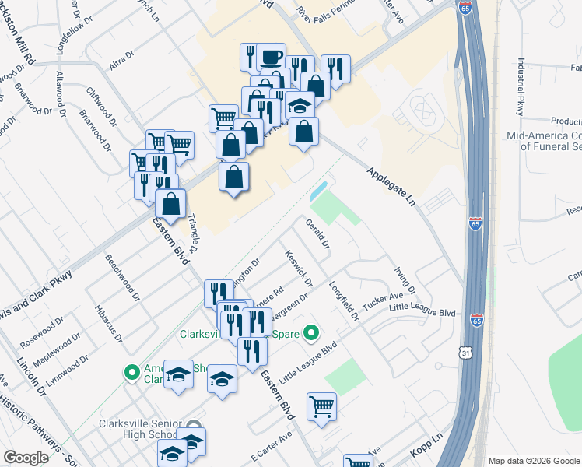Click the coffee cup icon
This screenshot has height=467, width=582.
[x=271, y=57]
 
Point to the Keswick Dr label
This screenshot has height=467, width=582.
[x=299, y=267]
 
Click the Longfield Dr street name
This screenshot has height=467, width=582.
[x=343, y=300]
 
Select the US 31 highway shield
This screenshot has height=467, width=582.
[x=444, y=353]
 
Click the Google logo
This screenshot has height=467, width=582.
[x=26, y=458]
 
